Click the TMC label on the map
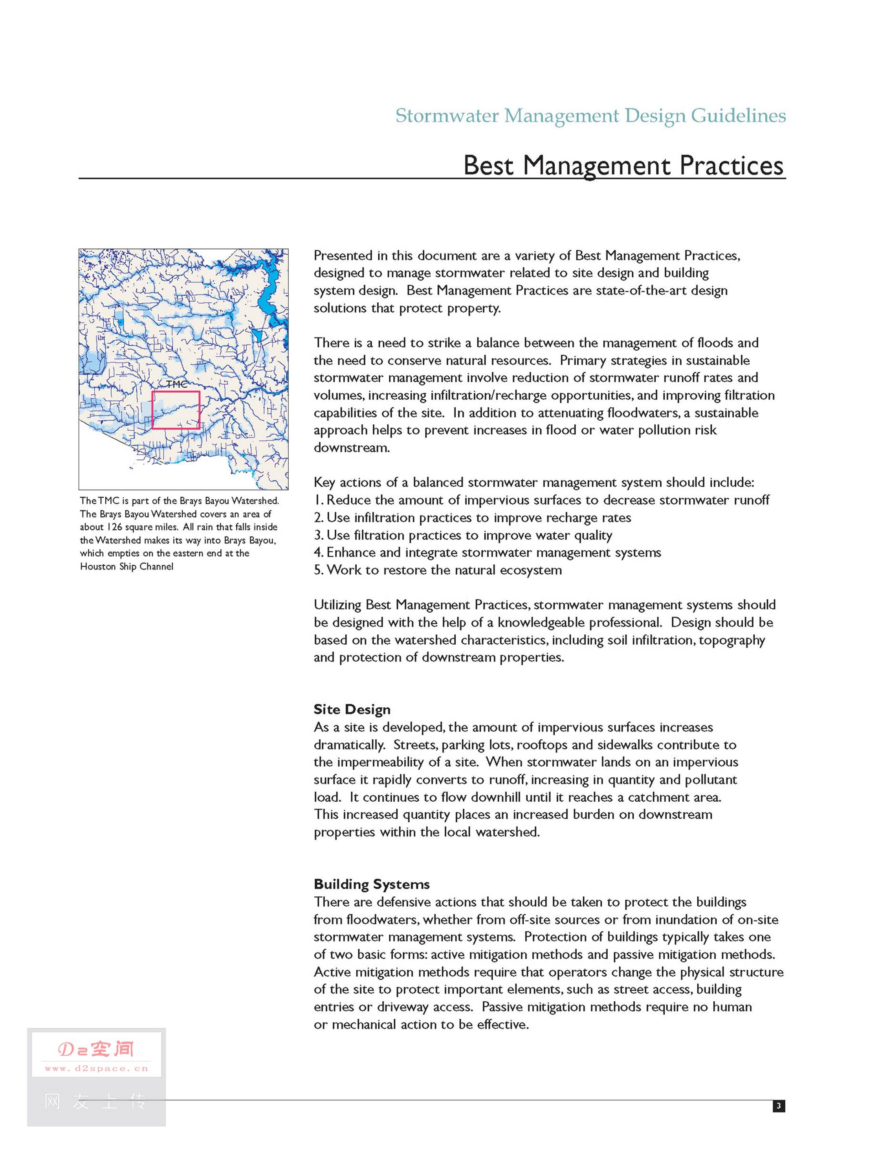click(176, 384)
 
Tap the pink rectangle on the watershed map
click(176, 409)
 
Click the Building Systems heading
click(372, 884)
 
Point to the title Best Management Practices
click(623, 165)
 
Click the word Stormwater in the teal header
click(447, 116)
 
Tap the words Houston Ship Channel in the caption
click(126, 566)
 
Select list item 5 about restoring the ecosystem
click(438, 570)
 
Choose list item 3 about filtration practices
click(463, 535)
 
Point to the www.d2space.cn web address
click(97, 1069)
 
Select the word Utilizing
click(338, 605)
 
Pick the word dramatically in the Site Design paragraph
click(349, 745)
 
